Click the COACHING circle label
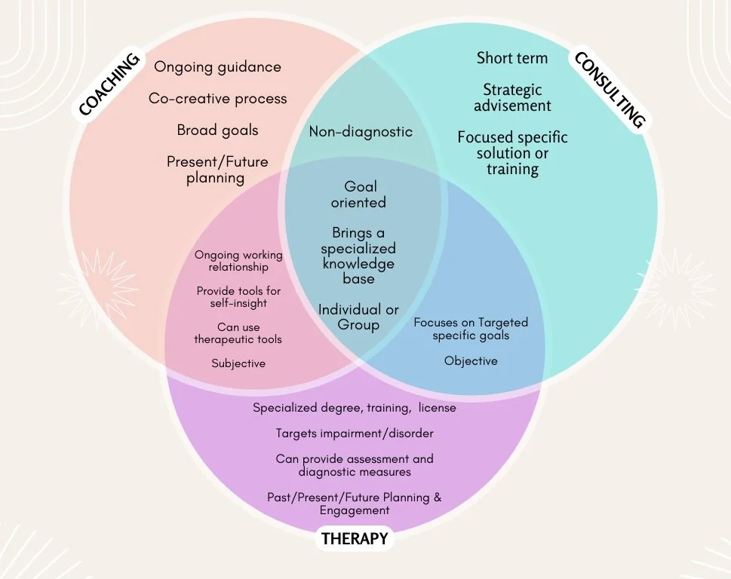(x=109, y=85)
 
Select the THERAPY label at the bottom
(x=355, y=538)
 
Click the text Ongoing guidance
(x=217, y=66)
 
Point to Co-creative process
(x=217, y=99)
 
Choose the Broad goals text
(x=217, y=130)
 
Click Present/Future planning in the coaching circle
(x=217, y=170)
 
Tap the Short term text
(x=512, y=58)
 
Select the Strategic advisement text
(x=512, y=98)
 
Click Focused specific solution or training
(x=512, y=153)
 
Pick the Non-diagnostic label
(x=361, y=131)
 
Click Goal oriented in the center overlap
(x=360, y=194)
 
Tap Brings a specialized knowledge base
(x=358, y=256)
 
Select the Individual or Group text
(x=358, y=317)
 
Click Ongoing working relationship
(x=238, y=261)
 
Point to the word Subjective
(x=238, y=363)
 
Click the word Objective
(x=471, y=361)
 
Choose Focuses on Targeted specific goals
(x=471, y=329)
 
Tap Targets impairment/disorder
(x=355, y=433)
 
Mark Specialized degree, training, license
(x=355, y=408)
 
